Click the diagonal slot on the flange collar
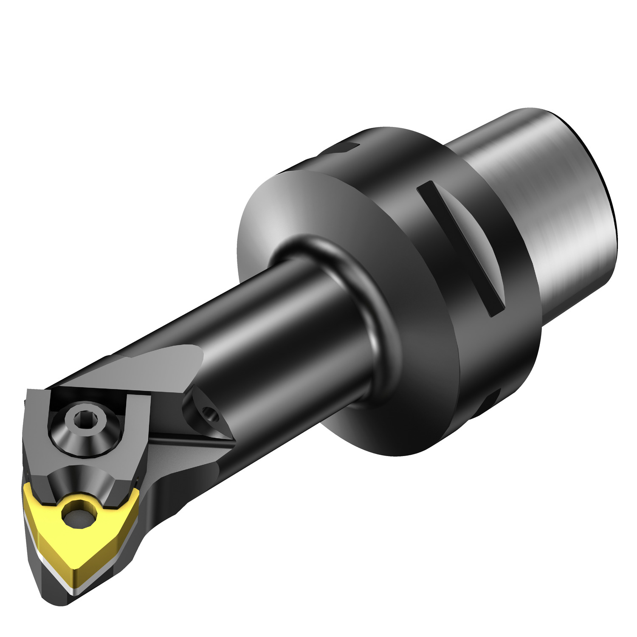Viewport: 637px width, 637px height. click(x=459, y=246)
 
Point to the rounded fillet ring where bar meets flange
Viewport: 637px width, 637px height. click(x=374, y=314)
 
